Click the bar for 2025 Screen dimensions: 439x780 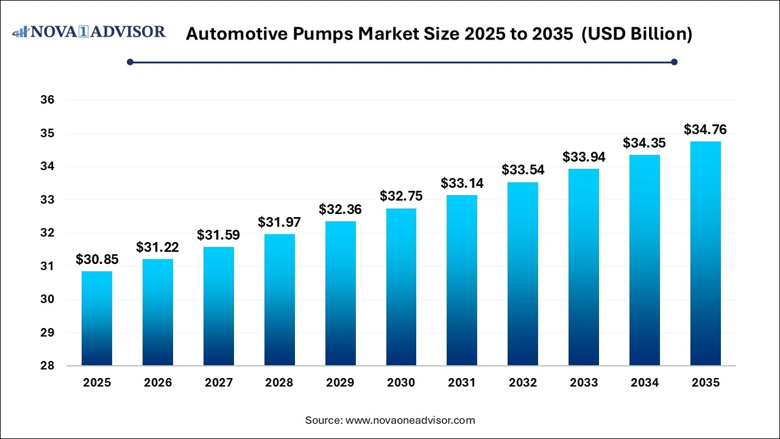point(97,318)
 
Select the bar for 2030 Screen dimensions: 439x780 point(401,287)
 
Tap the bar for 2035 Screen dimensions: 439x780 point(705,253)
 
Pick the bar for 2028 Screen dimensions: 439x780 point(280,299)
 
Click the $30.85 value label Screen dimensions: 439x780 point(97,259)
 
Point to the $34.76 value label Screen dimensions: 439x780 point(705,129)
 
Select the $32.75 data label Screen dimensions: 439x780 point(401,196)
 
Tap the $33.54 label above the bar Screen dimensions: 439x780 point(523,170)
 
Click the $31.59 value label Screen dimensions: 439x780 point(219,235)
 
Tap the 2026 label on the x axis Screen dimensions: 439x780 point(158,383)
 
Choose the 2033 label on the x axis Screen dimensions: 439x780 point(584,383)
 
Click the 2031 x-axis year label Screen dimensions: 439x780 point(462,383)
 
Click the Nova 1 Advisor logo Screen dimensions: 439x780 point(89,32)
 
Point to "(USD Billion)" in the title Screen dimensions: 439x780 point(637,34)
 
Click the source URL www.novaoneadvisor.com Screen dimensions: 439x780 point(410,420)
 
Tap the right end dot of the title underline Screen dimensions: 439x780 point(674,62)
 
